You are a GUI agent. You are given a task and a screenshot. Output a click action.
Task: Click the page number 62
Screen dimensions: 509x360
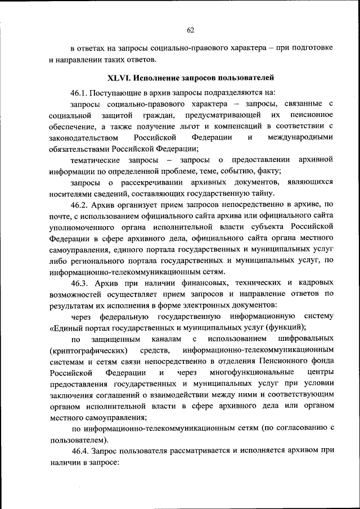pyautogui.click(x=190, y=30)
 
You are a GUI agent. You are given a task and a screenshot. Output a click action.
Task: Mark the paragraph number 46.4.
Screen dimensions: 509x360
pyautogui.click(x=81, y=451)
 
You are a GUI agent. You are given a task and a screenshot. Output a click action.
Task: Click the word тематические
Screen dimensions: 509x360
pyautogui.click(x=93, y=160)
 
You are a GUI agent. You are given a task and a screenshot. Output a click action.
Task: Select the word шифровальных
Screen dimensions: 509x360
pyautogui.click(x=306, y=339)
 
